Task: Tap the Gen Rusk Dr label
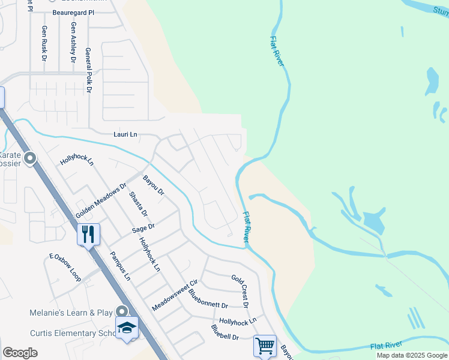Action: coord(44,43)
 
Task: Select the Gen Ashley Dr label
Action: coord(73,42)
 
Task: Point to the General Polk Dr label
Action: coord(88,70)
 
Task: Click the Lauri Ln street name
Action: coord(126,135)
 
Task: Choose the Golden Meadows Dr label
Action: coord(101,200)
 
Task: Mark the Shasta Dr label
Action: coord(137,205)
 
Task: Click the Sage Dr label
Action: coord(143,227)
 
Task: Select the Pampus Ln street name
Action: coord(119,266)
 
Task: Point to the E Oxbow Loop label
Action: coord(65,267)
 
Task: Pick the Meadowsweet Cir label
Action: coord(175,295)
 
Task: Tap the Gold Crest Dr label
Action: coord(240,291)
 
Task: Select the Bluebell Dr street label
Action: coord(224,332)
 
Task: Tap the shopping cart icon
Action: coord(265,345)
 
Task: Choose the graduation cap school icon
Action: coord(127,328)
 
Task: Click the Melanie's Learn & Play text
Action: coord(71,313)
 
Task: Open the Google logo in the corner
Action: coord(20,353)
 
